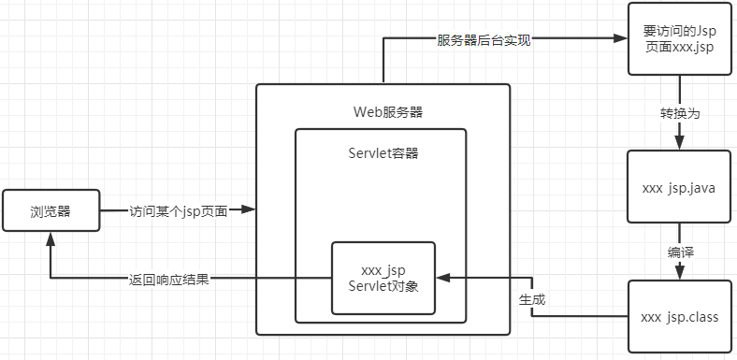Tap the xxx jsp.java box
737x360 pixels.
click(x=679, y=187)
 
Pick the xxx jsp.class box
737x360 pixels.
click(x=679, y=317)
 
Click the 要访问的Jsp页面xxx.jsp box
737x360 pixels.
click(x=679, y=39)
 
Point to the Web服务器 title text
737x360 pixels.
click(x=383, y=111)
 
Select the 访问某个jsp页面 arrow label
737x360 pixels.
click(x=178, y=211)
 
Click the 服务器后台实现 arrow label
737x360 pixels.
click(x=484, y=40)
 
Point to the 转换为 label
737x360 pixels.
click(x=680, y=112)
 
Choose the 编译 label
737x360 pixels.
click(x=680, y=252)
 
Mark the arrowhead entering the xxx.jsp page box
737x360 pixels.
click(x=618, y=40)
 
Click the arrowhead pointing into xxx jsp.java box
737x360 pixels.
click(x=680, y=141)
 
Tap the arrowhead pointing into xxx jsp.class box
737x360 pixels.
click(x=680, y=272)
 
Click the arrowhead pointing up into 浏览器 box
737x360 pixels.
click(x=51, y=240)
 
